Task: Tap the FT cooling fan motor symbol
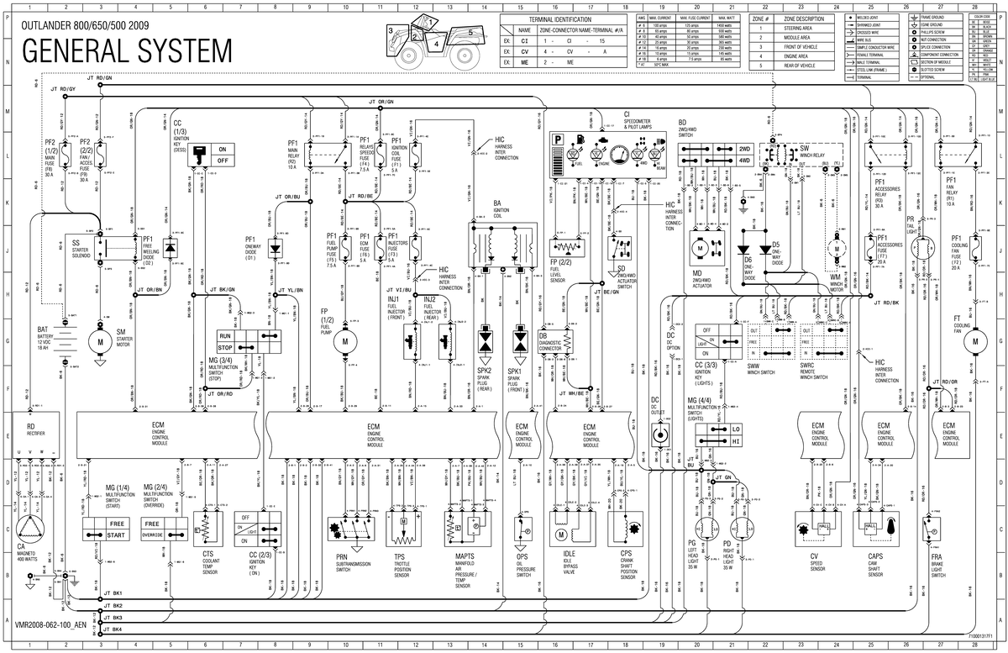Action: coord(975,341)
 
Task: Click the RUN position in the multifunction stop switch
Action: coord(225,334)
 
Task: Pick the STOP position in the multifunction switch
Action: coord(225,346)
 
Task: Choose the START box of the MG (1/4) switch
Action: coord(103,535)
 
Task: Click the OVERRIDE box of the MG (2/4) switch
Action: coord(153,535)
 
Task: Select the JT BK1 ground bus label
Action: coord(113,594)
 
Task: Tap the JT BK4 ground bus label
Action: coord(113,629)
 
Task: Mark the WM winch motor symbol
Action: coord(836,250)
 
